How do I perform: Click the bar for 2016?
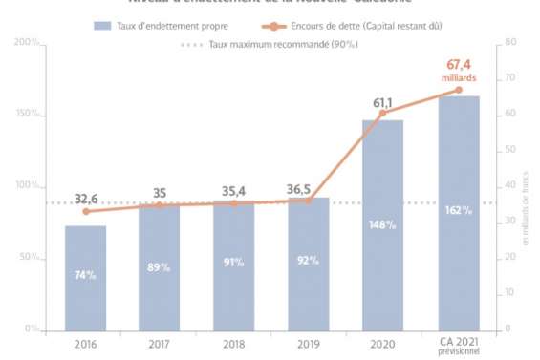85,278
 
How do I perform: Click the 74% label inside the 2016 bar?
85,275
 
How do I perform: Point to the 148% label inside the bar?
383,224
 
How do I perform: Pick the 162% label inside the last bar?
459,211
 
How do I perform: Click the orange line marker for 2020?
383,114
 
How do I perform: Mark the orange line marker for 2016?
85,211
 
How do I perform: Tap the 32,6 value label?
86,199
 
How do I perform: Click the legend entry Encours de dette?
362,23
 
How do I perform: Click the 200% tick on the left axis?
28,43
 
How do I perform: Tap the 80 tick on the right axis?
510,43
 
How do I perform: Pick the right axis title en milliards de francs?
525,221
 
